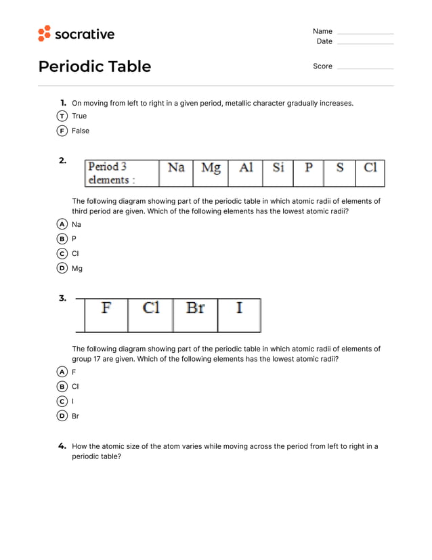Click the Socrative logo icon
point(44,33)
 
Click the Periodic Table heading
point(95,66)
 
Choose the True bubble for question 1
point(62,116)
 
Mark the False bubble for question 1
point(62,131)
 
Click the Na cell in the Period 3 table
point(176,173)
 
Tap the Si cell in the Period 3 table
point(278,173)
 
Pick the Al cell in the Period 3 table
point(245,173)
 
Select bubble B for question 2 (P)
point(62,239)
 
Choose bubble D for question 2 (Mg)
point(62,268)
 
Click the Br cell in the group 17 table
point(195,315)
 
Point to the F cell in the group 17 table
point(106,315)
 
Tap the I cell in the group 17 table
point(239,315)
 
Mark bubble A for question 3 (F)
point(62,372)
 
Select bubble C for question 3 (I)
point(62,402)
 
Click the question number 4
point(62,446)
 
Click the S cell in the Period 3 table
point(339,173)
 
